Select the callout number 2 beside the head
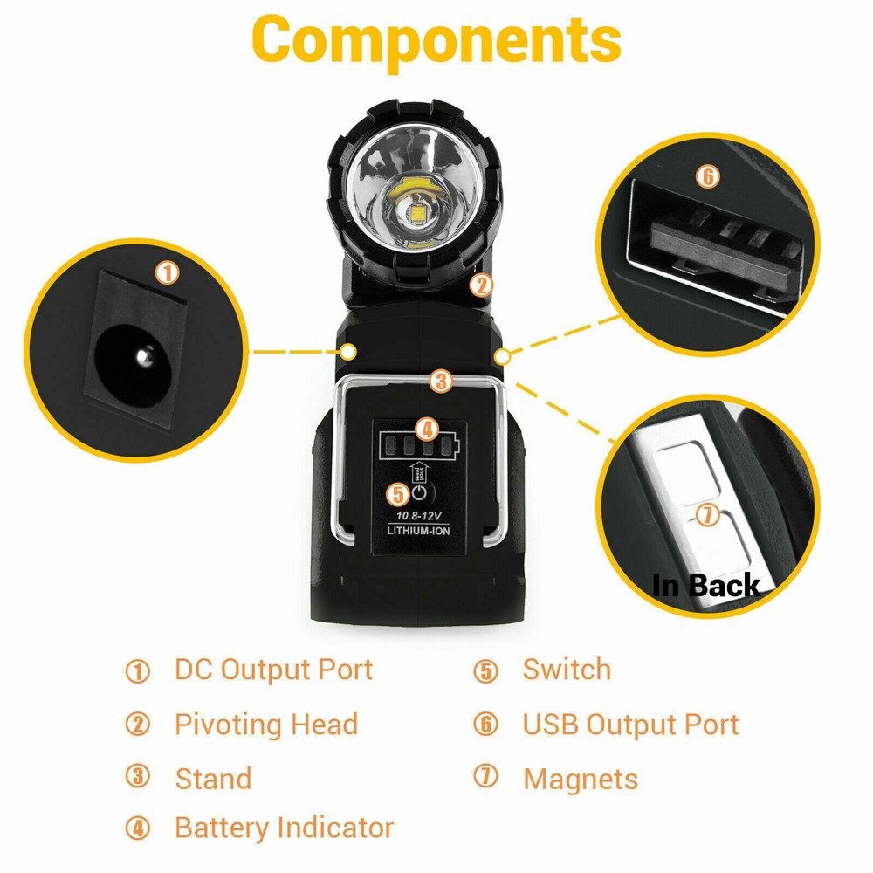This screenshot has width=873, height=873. click(482, 285)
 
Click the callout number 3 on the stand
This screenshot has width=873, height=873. click(442, 381)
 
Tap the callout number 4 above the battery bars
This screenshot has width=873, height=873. click(426, 429)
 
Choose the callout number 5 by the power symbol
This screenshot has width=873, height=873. click(398, 494)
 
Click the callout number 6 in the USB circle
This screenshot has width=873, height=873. click(708, 176)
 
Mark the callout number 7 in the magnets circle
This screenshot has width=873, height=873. click(708, 516)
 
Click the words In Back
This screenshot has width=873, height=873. click(706, 585)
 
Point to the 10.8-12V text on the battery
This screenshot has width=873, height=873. click(417, 515)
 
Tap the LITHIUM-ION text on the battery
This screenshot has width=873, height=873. click(417, 530)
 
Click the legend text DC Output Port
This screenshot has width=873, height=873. click(273, 670)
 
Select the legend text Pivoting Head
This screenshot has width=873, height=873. click(266, 725)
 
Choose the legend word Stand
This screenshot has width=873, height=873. click(213, 778)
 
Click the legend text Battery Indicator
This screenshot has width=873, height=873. click(284, 828)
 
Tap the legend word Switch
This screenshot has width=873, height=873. click(567, 670)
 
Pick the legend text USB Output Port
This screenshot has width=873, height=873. click(630, 725)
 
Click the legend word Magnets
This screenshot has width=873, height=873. click(581, 779)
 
